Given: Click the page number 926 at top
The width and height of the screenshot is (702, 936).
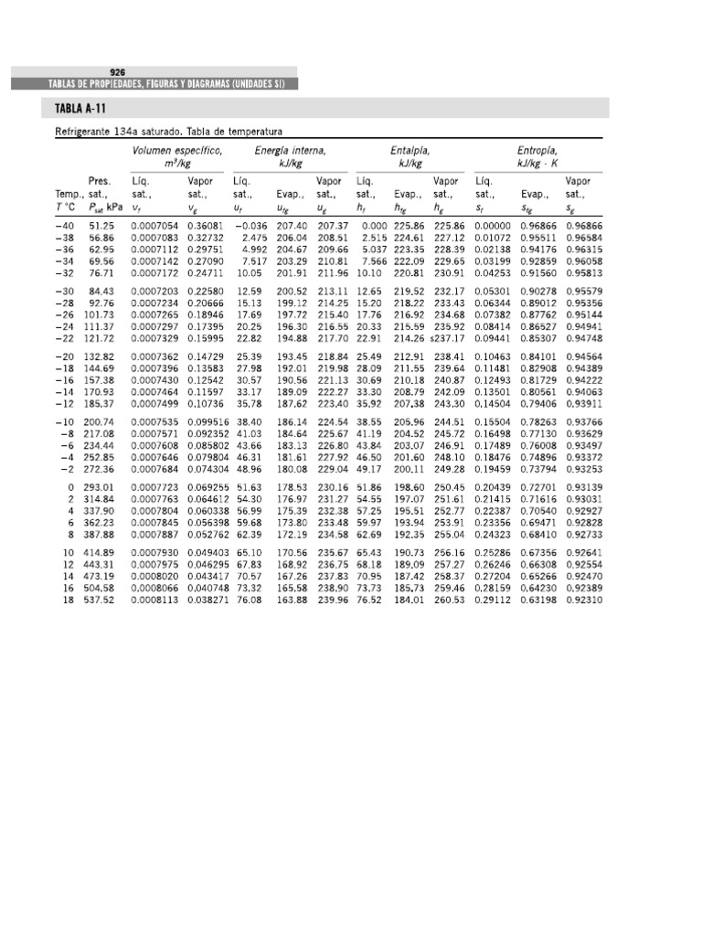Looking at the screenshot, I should tap(117, 71).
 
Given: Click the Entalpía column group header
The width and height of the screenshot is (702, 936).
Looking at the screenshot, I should tap(410, 150).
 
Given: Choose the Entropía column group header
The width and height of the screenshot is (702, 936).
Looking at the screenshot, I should tap(537, 150).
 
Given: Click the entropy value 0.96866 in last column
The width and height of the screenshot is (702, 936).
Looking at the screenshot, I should tap(584, 225).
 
